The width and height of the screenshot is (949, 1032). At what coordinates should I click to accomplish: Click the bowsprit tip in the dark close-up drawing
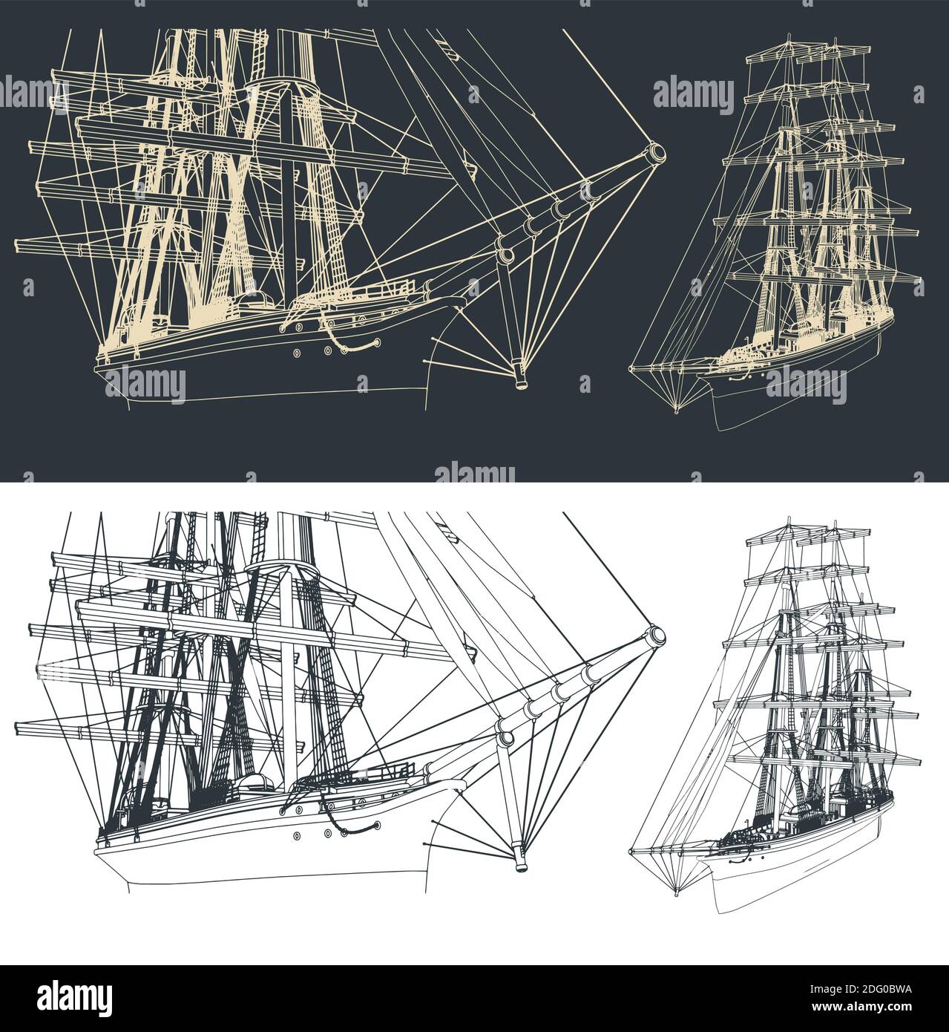coord(657,153)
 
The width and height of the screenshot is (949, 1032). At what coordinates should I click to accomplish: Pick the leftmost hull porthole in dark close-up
coord(298,353)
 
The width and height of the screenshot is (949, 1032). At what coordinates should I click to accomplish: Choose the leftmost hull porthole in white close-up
coord(298,835)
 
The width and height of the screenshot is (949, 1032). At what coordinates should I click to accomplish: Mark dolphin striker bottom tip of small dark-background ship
coord(676,410)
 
